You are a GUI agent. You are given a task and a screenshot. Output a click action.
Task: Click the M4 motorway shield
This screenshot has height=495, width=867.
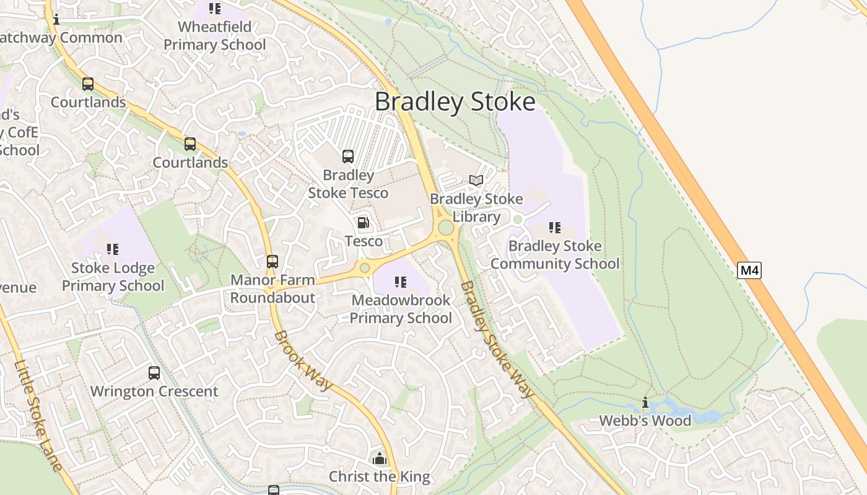point(749,270)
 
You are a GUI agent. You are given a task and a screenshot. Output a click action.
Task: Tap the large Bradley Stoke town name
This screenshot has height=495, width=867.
point(455,101)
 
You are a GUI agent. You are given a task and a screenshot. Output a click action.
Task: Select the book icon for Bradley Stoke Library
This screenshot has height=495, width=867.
point(476,180)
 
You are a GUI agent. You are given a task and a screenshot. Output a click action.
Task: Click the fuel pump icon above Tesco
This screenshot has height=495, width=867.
point(364,222)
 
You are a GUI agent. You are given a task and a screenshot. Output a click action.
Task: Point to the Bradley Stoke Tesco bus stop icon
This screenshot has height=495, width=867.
point(348,157)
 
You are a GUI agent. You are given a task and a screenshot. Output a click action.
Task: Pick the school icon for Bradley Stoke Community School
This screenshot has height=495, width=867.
point(555,228)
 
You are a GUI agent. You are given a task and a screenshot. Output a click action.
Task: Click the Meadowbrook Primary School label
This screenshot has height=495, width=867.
point(401,309)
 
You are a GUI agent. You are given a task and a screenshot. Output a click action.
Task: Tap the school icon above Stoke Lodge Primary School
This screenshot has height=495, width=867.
point(113,249)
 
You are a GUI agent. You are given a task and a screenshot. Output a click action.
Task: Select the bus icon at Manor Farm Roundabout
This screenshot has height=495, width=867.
point(272,262)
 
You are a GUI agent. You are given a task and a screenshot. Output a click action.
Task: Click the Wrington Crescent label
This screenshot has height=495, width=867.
point(154,392)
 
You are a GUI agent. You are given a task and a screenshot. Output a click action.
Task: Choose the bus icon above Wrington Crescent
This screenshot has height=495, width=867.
point(154,373)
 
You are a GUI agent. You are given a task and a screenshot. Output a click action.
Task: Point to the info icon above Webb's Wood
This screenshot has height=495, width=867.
point(645,403)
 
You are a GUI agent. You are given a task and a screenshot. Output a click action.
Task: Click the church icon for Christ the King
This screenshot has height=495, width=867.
point(379,458)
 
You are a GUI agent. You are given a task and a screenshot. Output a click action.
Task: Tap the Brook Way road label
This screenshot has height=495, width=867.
point(303,361)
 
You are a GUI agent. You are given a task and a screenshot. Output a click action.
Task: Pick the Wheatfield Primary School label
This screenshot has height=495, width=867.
point(215,36)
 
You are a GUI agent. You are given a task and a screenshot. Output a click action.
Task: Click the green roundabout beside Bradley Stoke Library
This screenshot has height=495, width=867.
point(445,228)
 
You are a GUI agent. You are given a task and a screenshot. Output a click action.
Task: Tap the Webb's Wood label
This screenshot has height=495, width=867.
point(645,421)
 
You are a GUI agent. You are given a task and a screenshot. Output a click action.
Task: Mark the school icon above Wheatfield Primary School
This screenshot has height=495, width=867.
point(215,9)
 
